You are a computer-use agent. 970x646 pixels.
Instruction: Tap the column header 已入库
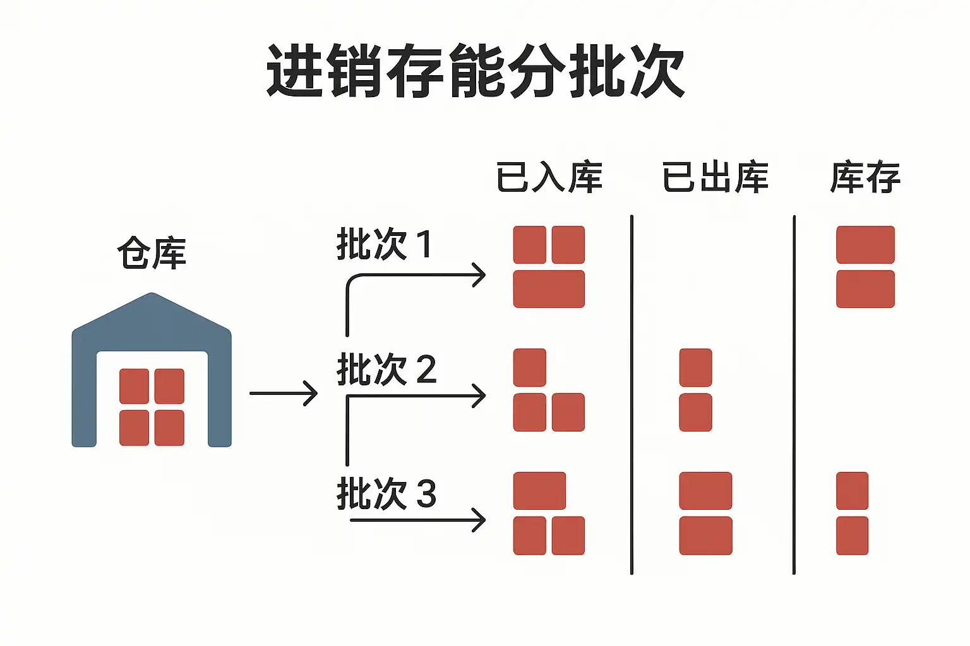click(x=549, y=177)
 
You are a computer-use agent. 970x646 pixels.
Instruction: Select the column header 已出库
click(x=715, y=177)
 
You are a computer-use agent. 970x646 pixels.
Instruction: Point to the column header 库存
click(x=865, y=177)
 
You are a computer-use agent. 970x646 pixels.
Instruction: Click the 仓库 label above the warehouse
click(x=152, y=254)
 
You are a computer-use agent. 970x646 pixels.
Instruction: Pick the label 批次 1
click(x=384, y=244)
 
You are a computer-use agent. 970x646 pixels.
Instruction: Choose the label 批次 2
click(x=386, y=369)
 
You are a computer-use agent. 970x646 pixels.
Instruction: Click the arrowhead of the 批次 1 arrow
click(x=480, y=276)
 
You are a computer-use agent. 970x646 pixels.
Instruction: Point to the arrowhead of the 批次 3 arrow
click(x=480, y=520)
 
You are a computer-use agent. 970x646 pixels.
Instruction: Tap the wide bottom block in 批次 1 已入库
click(x=549, y=289)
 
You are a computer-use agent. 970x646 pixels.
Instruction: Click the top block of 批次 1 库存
click(x=865, y=245)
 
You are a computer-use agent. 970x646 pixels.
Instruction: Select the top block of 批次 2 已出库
click(x=695, y=367)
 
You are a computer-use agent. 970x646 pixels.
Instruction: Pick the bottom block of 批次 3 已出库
click(x=705, y=536)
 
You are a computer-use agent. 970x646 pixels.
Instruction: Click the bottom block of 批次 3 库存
click(x=852, y=536)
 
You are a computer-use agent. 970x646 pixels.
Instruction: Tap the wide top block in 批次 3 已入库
click(x=539, y=491)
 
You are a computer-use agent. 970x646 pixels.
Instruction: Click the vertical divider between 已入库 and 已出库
click(x=632, y=394)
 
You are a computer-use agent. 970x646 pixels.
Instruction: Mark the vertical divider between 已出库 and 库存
click(x=794, y=394)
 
